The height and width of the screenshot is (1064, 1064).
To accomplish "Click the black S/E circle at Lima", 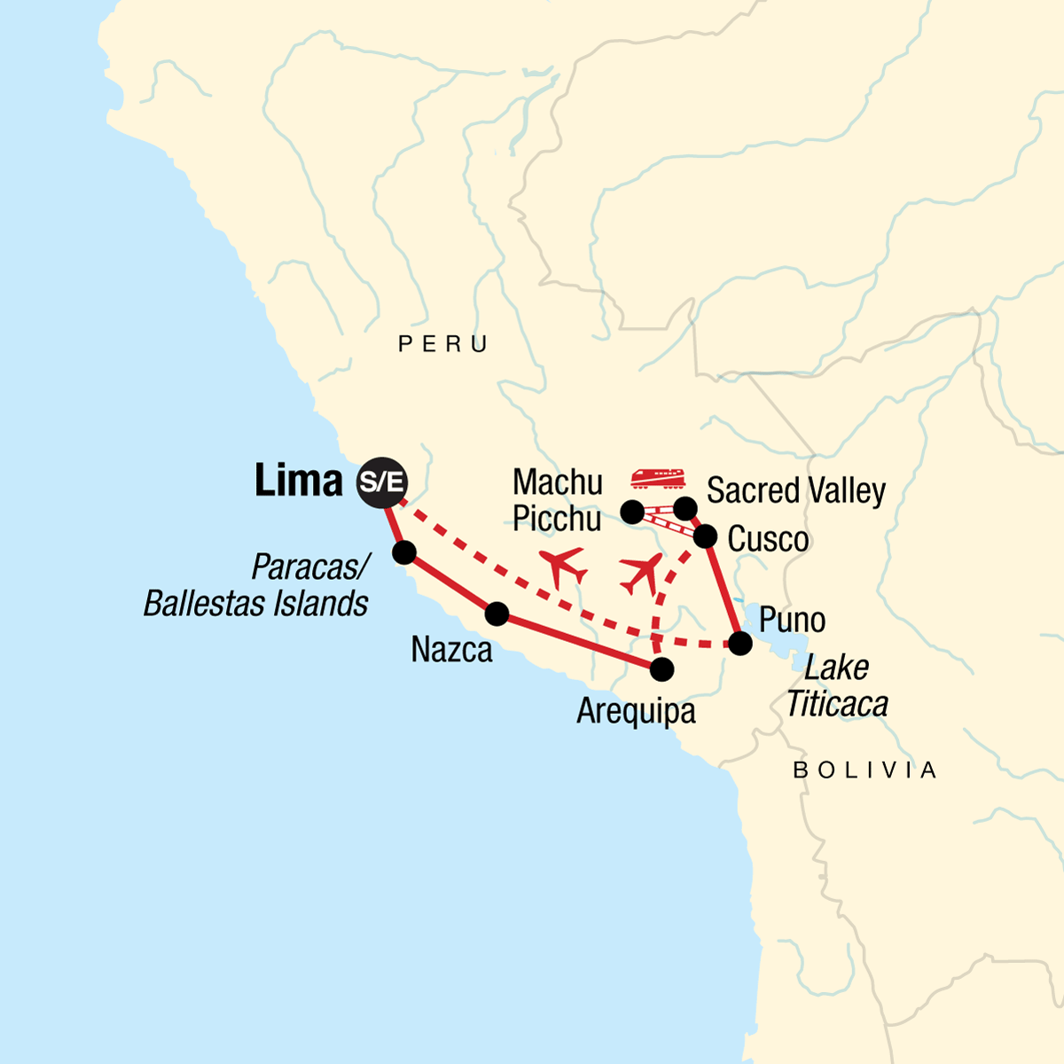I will [382, 482].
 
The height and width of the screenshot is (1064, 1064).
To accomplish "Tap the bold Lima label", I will [298, 481].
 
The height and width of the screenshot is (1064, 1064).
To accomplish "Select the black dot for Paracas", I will [403, 552].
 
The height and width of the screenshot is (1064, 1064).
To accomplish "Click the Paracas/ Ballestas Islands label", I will [256, 585].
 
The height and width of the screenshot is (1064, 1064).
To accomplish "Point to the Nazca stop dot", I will [497, 613].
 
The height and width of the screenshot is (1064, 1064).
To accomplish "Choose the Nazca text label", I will [451, 650].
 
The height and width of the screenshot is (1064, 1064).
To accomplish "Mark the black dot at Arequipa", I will [661, 669].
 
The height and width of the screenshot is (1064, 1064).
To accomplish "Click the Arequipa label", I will [636, 711].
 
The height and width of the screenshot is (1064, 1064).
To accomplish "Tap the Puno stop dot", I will [740, 644].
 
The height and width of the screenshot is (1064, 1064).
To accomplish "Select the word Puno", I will [792, 620].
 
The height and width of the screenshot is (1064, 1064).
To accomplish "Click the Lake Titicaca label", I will [837, 685].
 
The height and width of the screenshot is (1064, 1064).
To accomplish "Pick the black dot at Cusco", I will [705, 536].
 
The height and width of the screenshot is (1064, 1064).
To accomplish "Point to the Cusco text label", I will [768, 539].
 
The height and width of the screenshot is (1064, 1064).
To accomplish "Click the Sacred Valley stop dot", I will [685, 508].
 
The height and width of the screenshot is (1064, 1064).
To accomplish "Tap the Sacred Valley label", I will [795, 490].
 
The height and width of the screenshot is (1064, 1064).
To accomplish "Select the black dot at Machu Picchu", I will [632, 512].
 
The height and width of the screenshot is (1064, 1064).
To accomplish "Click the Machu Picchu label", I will [558, 500].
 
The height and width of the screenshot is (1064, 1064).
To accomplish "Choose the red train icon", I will [659, 479].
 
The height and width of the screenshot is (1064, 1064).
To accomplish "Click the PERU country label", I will [443, 344].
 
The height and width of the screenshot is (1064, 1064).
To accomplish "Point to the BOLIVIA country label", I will [864, 770].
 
